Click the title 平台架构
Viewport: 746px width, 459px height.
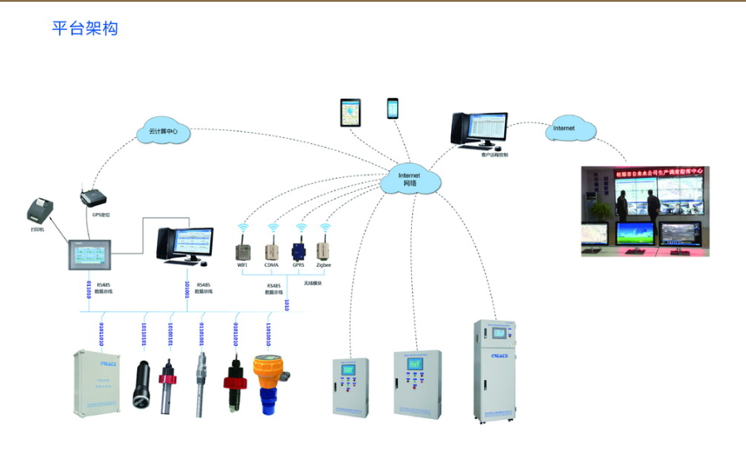pyautogui.click(x=86, y=29)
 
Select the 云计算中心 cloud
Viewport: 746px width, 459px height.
pyautogui.click(x=163, y=131)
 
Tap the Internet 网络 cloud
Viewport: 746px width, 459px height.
pyautogui.click(x=410, y=179)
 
